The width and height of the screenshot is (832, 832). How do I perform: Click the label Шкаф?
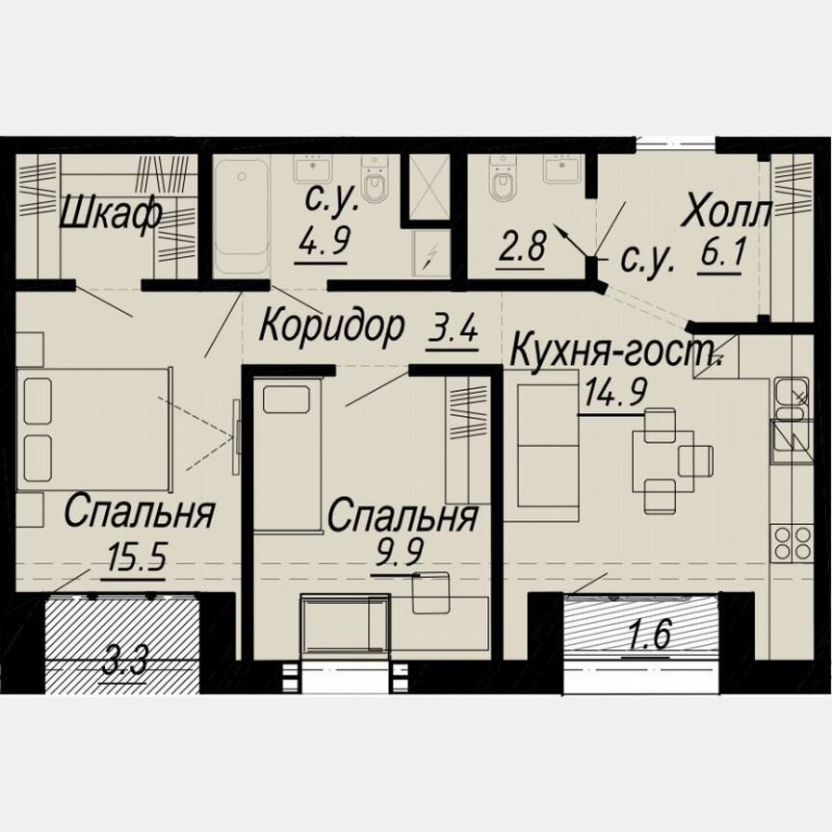click(x=110, y=214)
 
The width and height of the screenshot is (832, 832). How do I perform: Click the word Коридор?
click(x=332, y=326)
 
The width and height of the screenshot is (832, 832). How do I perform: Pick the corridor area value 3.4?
click(x=452, y=331)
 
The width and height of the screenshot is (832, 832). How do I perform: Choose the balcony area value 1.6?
click(x=646, y=637)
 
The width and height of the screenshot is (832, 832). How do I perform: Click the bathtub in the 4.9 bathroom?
click(x=241, y=218)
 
